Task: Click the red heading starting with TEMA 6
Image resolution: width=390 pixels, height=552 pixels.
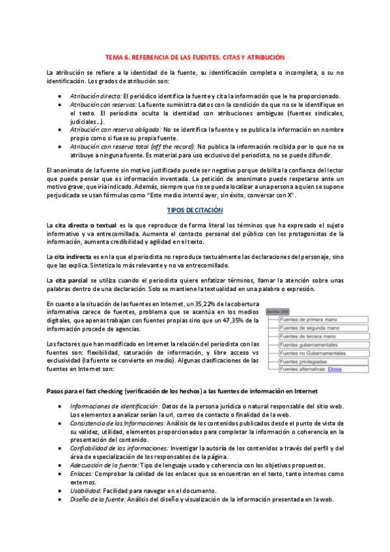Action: (195, 57)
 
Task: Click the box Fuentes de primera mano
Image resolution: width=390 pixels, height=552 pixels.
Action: (309, 319)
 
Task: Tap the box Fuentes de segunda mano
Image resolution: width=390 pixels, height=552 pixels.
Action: (310, 327)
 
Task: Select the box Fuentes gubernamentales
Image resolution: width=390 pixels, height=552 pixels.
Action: (309, 344)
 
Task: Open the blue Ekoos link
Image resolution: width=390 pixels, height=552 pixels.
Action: (337, 369)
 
